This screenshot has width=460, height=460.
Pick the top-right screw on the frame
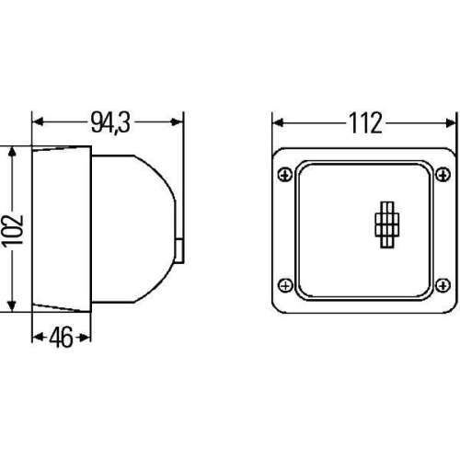pos(443,172)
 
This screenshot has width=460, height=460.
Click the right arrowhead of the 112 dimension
pos(452,121)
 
